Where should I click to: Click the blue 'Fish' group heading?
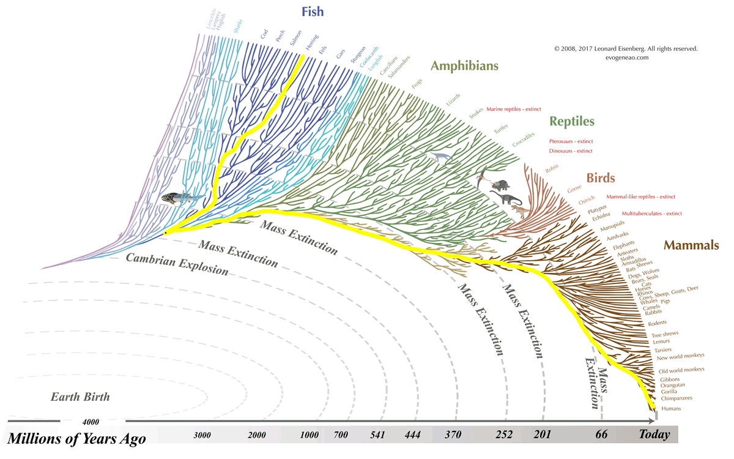click(x=313, y=12)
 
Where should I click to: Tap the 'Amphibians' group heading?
click(x=464, y=66)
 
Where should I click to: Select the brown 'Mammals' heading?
click(x=691, y=245)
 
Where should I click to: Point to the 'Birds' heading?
click(x=600, y=178)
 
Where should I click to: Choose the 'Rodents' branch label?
click(x=657, y=323)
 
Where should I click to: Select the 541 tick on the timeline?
click(x=377, y=435)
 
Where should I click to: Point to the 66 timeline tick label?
click(x=601, y=435)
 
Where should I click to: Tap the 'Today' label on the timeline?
click(x=654, y=435)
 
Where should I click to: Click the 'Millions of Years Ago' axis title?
click(x=76, y=438)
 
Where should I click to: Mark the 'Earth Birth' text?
click(x=80, y=397)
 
